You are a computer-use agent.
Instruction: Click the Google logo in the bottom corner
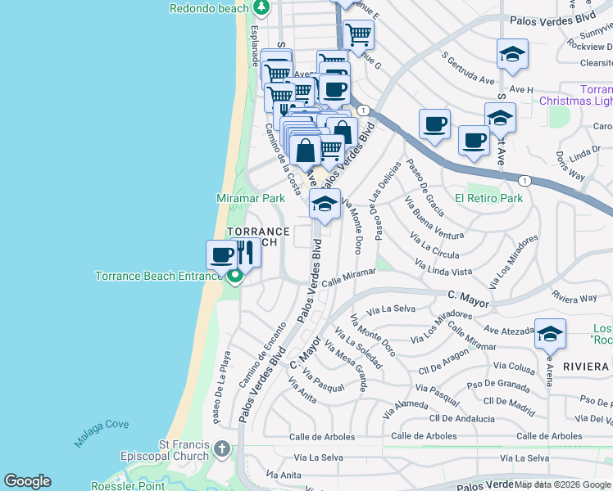click(27, 481)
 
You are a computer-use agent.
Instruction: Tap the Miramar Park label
click(250, 198)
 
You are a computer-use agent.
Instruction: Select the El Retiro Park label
click(488, 198)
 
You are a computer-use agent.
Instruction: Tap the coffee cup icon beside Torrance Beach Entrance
click(220, 254)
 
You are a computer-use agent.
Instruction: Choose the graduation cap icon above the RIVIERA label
click(550, 332)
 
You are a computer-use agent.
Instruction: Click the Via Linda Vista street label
click(443, 267)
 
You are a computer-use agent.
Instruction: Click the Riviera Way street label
click(574, 296)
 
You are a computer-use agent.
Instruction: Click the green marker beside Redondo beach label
click(261, 9)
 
